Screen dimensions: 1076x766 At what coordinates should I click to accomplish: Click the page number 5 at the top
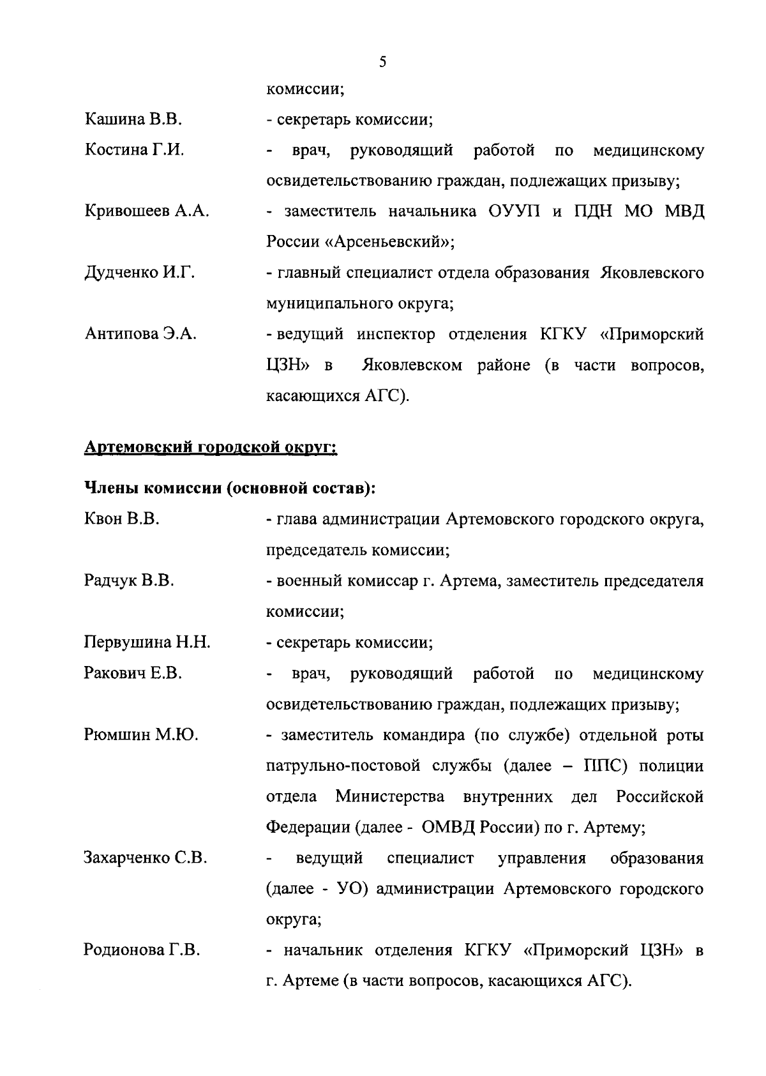click(x=382, y=62)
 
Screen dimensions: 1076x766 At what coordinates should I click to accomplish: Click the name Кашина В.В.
click(x=133, y=119)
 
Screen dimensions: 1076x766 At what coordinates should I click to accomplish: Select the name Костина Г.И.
click(x=134, y=150)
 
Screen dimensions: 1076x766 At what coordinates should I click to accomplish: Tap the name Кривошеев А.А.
click(x=147, y=211)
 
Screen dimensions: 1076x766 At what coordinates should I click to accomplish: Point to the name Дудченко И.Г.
click(x=139, y=273)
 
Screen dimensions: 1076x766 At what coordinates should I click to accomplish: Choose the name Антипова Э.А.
click(x=140, y=334)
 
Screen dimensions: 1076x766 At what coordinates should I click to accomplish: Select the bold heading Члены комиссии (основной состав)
click(x=230, y=489)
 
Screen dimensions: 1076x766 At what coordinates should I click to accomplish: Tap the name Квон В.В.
click(x=121, y=519)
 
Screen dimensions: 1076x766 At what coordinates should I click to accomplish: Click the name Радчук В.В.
click(x=129, y=580)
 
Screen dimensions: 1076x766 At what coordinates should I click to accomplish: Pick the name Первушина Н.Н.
click(x=147, y=642)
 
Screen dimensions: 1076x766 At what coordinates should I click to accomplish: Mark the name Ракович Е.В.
click(x=133, y=673)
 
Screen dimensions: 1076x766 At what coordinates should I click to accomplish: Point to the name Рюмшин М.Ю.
click(x=140, y=735)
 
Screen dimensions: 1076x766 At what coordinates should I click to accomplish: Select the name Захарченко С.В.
click(x=146, y=858)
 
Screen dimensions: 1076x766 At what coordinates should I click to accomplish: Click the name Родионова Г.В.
click(x=142, y=950)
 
